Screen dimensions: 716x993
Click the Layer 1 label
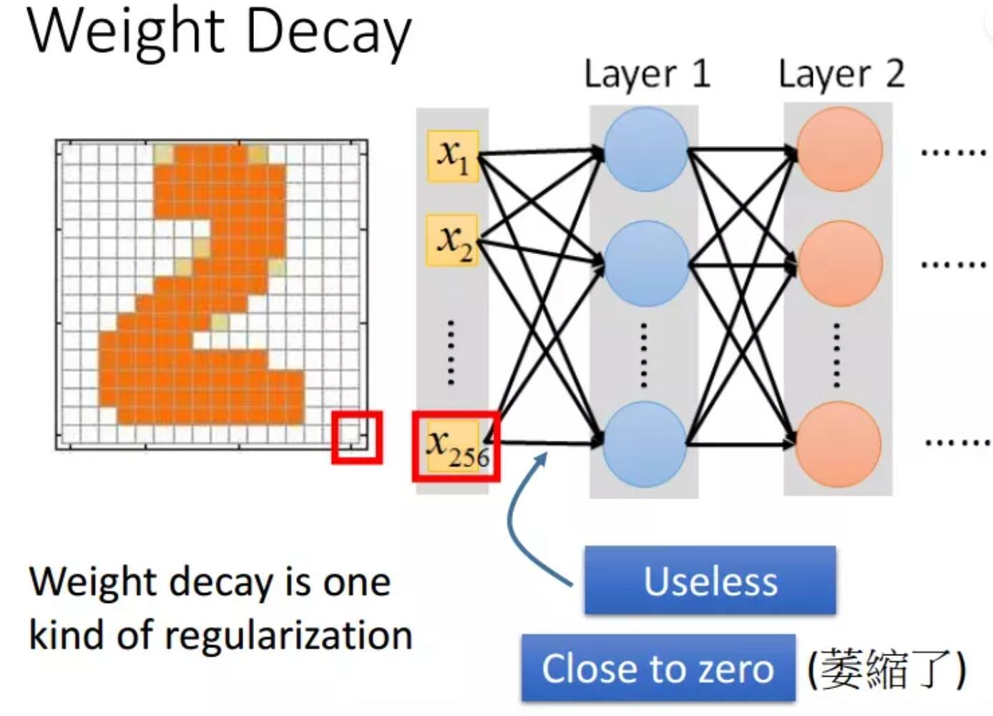647,74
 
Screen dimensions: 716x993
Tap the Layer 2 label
841,74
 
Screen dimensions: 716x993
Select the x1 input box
452,155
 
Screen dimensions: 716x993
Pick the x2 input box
452,240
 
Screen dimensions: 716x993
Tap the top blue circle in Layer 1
645,149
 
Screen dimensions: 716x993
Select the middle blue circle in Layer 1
645,263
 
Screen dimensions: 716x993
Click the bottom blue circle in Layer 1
645,443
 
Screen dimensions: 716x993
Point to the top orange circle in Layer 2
839,149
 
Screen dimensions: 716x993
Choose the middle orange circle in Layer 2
839,263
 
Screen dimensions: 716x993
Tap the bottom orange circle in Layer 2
839,443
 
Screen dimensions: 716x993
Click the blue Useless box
710,580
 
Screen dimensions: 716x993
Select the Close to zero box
657,669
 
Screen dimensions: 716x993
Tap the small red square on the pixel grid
356,436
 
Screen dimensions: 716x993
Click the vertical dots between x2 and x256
451,353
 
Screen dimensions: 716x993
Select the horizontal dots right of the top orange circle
953,152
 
